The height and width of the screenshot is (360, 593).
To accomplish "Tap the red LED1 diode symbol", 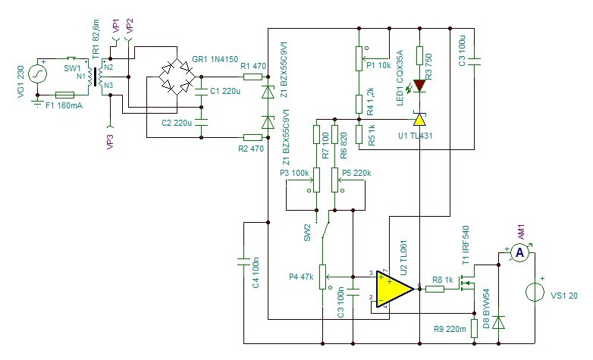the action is point(419,86).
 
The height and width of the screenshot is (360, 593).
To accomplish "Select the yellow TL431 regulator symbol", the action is point(419,120).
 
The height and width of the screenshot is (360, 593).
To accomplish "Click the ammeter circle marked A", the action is point(520,253).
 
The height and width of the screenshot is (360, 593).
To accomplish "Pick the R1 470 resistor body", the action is point(253,77).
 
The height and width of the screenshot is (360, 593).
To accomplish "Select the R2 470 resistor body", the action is point(253,137).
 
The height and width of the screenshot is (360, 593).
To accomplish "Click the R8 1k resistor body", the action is point(435,290).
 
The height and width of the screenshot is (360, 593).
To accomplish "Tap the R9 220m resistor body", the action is point(474,328).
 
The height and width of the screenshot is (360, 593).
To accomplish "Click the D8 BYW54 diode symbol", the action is point(499,323).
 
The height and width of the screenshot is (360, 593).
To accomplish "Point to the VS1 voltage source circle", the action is point(535,292).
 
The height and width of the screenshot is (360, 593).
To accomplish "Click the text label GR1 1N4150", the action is point(215,59).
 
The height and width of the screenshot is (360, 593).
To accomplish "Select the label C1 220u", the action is point(225,91).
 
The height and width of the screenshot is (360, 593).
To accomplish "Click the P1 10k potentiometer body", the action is point(359,58).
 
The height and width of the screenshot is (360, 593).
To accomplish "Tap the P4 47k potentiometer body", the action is point(322,277).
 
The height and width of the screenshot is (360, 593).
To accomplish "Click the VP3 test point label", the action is point(111,140).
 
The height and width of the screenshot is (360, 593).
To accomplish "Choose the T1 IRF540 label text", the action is point(465,245).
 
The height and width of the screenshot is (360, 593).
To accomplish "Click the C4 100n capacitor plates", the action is point(244,261).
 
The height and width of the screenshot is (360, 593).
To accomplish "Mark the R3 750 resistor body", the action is point(419,55).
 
